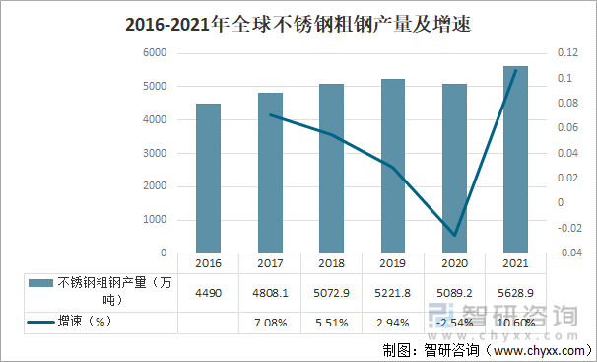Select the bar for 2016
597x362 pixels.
(208, 178)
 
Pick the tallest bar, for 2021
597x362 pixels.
(515, 159)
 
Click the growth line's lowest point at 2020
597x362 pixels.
(454, 235)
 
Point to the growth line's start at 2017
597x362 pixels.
(270, 115)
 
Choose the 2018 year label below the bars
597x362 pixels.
(331, 264)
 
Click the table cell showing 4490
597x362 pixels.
(208, 292)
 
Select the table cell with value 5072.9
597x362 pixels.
(331, 292)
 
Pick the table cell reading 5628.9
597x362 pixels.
(515, 292)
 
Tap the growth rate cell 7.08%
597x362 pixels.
(269, 322)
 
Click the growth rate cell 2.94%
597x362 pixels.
(392, 322)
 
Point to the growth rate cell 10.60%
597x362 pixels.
(515, 322)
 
